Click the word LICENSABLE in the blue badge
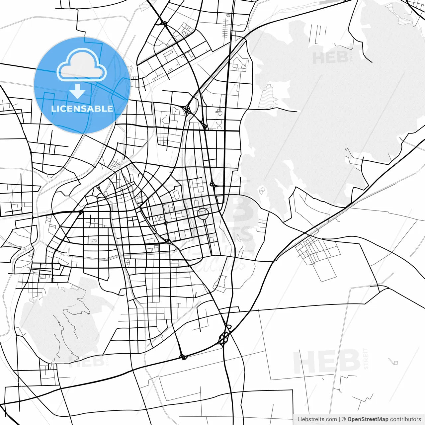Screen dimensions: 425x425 (x=82, y=109)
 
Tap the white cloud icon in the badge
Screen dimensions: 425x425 (x=82, y=65)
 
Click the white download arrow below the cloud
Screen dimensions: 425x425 (x=77, y=91)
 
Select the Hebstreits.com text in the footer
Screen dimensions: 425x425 (x=317, y=419)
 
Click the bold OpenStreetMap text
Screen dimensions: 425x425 (x=368, y=419)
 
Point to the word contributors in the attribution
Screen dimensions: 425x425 (x=405, y=419)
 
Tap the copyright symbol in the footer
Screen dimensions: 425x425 (x=344, y=419)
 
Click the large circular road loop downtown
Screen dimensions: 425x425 (x=203, y=213)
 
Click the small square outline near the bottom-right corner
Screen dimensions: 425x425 (x=395, y=362)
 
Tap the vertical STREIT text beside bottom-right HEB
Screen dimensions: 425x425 (x=366, y=359)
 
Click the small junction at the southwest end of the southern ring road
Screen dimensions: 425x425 (x=183, y=357)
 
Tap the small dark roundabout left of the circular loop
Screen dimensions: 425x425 (x=166, y=223)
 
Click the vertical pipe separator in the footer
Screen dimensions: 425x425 (x=339, y=419)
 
